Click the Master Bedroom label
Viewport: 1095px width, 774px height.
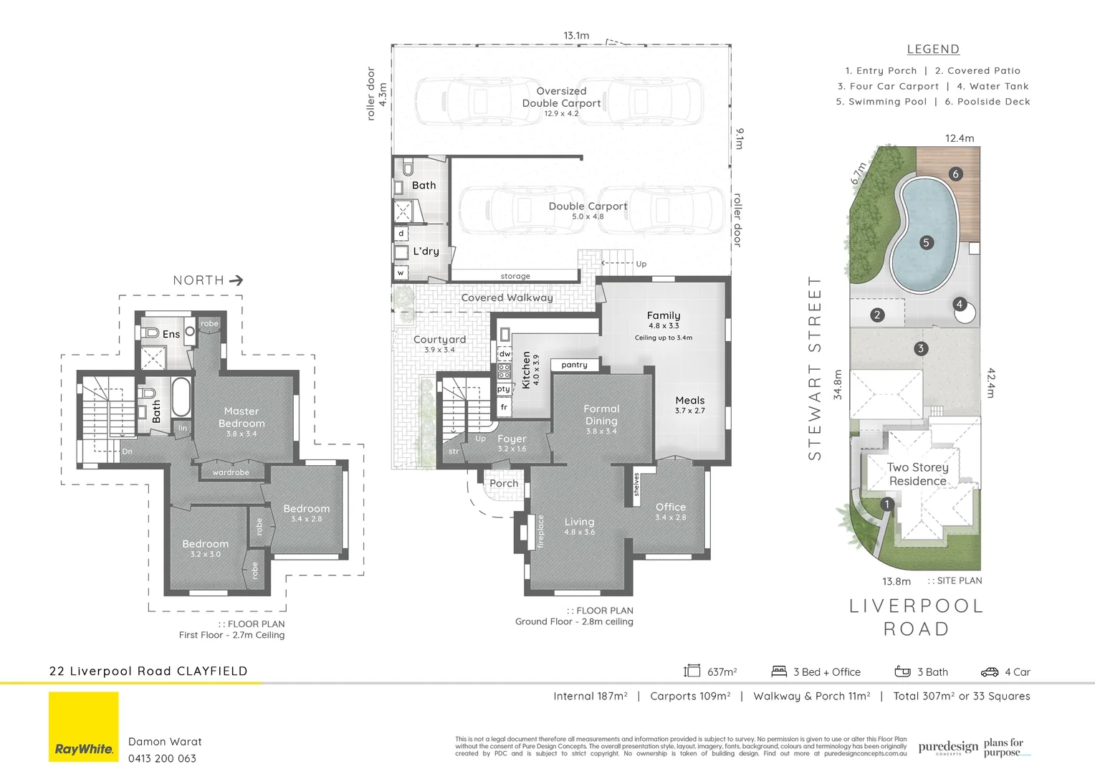coord(242,418)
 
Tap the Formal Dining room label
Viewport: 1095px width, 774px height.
coord(601,416)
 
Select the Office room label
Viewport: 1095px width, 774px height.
coord(670,507)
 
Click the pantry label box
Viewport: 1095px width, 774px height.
coord(574,365)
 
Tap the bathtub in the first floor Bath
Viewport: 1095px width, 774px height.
coord(181,398)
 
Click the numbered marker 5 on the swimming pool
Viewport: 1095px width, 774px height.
coord(926,243)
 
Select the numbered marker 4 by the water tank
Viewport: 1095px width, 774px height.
coord(960,304)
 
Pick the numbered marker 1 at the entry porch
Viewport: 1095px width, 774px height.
coord(886,504)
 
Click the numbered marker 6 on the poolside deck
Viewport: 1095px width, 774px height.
coord(955,173)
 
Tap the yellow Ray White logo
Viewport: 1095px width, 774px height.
coord(84,727)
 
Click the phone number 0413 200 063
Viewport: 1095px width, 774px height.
coord(162,758)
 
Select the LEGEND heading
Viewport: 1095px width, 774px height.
coord(933,49)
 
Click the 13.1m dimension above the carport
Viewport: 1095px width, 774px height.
coord(576,35)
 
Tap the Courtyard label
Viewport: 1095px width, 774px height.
coord(439,340)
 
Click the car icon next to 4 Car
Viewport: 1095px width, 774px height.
coord(989,672)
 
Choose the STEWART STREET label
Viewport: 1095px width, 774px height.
coord(815,368)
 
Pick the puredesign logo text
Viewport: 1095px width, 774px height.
coord(947,747)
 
